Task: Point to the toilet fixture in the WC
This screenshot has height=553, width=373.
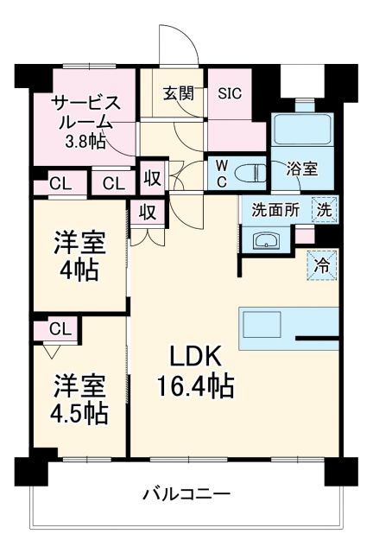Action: (250, 170)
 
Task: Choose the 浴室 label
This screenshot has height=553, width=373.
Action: (301, 170)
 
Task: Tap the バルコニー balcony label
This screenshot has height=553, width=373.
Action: (186, 494)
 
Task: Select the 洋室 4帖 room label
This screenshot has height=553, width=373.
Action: (79, 257)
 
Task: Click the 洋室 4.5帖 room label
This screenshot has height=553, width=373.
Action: (79, 398)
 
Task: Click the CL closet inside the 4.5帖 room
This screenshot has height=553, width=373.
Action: (60, 328)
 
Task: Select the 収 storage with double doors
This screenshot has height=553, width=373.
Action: (149, 211)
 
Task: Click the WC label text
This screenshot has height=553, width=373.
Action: (220, 170)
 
